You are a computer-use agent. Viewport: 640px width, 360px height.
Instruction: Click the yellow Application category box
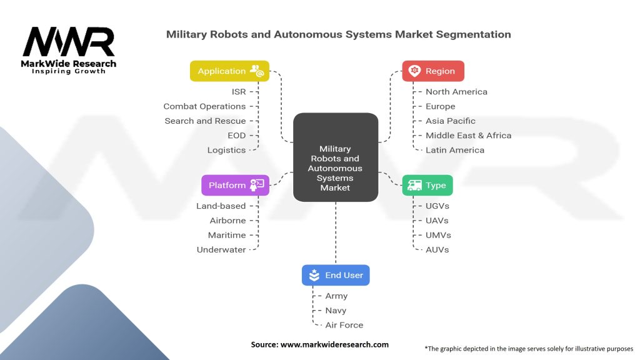tap(229, 71)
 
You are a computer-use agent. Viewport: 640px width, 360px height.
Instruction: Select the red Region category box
tap(433, 71)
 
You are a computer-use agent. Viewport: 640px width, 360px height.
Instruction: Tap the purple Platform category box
tap(235, 185)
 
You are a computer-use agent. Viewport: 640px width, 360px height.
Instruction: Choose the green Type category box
tap(427, 185)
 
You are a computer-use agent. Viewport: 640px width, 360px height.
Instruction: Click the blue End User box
tap(336, 275)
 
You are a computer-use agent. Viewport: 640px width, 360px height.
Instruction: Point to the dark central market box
tap(336, 157)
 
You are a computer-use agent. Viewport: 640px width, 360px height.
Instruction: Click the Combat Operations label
tap(204, 106)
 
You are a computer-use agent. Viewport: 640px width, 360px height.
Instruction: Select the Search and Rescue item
tap(205, 121)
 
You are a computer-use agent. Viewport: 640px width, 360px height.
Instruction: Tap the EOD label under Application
tap(237, 135)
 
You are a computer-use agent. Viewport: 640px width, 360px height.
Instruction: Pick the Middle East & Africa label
tap(468, 135)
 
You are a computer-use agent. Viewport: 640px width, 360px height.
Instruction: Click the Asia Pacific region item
tap(450, 121)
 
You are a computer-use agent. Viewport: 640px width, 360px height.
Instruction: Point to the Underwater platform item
tap(221, 249)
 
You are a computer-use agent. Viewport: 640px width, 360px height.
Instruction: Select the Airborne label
tap(227, 221)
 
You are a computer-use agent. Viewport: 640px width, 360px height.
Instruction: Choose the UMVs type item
tap(438, 235)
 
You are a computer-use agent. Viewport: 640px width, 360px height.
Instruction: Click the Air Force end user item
tap(344, 325)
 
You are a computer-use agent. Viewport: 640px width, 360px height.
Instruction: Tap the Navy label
tap(336, 311)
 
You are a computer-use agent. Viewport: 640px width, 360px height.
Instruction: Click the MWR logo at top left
tap(69, 49)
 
